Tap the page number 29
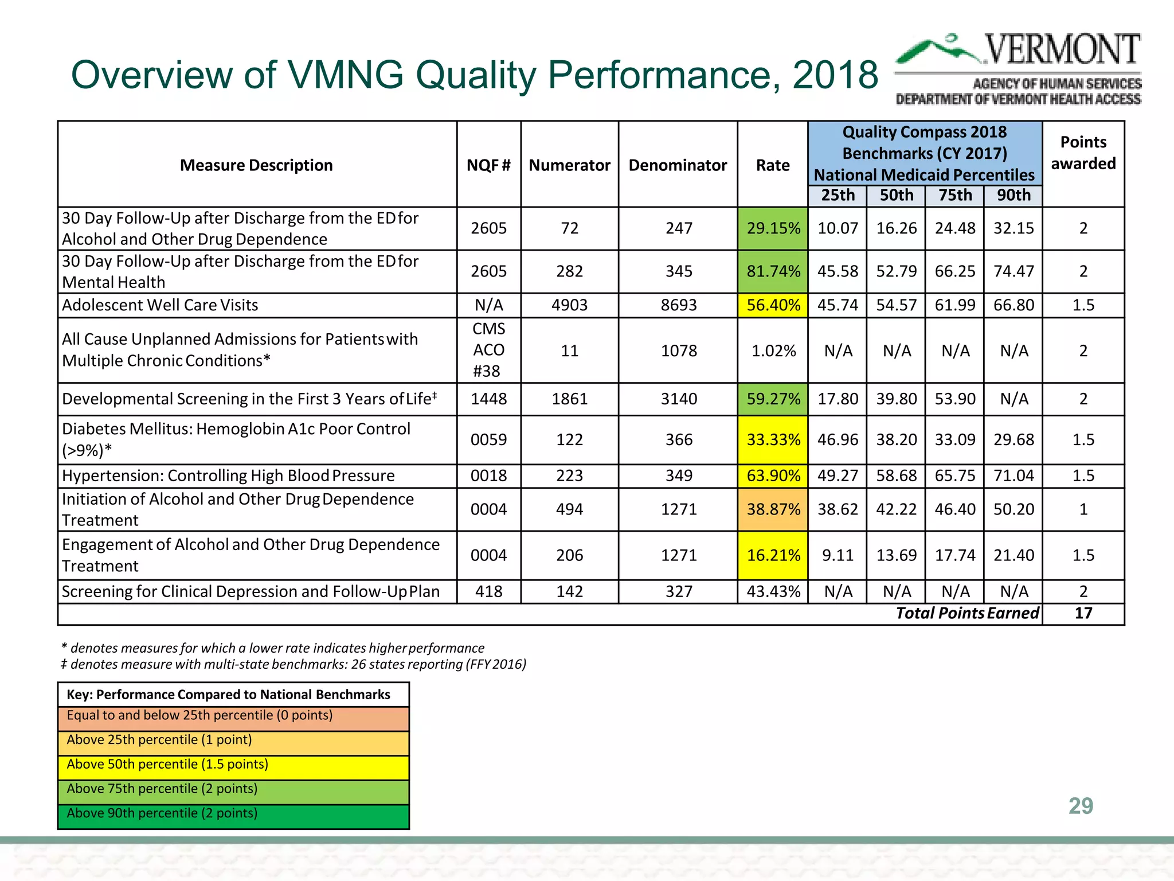click(x=1081, y=806)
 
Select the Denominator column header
click(x=678, y=165)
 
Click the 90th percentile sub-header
click(x=1013, y=195)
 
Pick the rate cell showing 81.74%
click(x=773, y=271)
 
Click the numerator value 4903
click(x=569, y=305)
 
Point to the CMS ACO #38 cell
click(x=488, y=350)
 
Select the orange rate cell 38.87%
click(x=773, y=509)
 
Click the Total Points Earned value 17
click(x=1083, y=613)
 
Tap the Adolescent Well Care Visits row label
click(x=160, y=305)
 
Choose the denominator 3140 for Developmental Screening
click(x=678, y=399)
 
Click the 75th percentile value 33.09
click(x=954, y=440)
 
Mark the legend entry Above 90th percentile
click(x=162, y=813)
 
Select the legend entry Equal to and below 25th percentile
click(x=199, y=715)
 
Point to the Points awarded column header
click(x=1083, y=153)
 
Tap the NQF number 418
click(x=488, y=591)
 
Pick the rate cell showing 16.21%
click(x=773, y=555)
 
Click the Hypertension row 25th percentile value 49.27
click(x=838, y=476)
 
